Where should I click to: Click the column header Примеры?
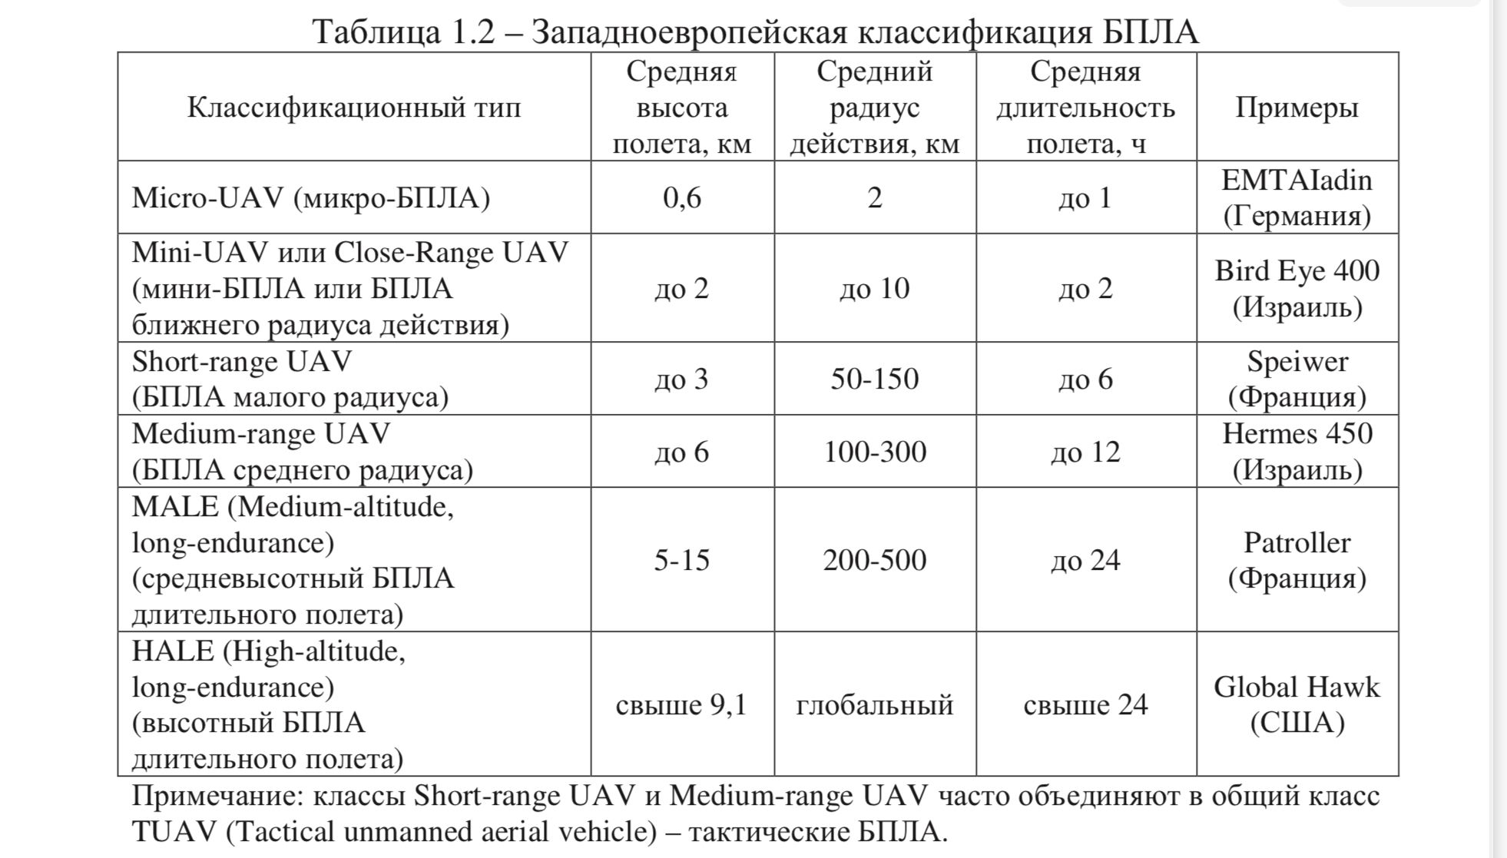point(1297,108)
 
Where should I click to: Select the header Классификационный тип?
point(353,108)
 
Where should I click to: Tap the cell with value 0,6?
point(681,198)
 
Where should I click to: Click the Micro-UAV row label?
point(310,198)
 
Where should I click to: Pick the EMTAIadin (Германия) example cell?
point(1297,197)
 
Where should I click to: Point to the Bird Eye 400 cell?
point(1297,288)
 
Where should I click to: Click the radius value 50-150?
point(874,379)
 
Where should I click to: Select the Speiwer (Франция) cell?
point(1297,379)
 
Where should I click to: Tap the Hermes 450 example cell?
point(1297,452)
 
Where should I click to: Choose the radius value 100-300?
point(874,452)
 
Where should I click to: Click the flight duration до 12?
point(1085,452)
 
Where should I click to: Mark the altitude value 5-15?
point(681,560)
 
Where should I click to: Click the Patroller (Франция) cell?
point(1297,560)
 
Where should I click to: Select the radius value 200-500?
point(874,560)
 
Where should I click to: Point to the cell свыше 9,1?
point(681,704)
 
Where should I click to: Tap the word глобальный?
point(874,704)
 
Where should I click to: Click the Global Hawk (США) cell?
point(1297,704)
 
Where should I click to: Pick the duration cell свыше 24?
point(1085,704)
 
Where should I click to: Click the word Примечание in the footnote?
point(217,796)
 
